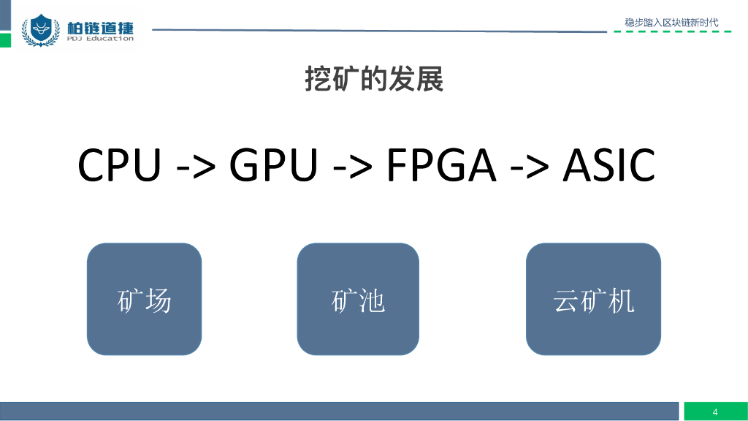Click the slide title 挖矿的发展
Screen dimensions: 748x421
(374, 79)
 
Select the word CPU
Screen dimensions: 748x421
(119, 166)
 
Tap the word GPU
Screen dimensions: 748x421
(274, 166)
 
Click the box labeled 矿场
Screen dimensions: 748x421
(144, 299)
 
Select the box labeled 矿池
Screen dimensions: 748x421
(358, 299)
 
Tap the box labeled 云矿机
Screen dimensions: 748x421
(593, 299)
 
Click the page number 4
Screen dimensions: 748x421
(715, 411)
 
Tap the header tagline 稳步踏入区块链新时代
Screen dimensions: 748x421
(671, 23)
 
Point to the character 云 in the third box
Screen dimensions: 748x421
(566, 301)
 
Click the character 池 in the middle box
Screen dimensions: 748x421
(372, 301)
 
